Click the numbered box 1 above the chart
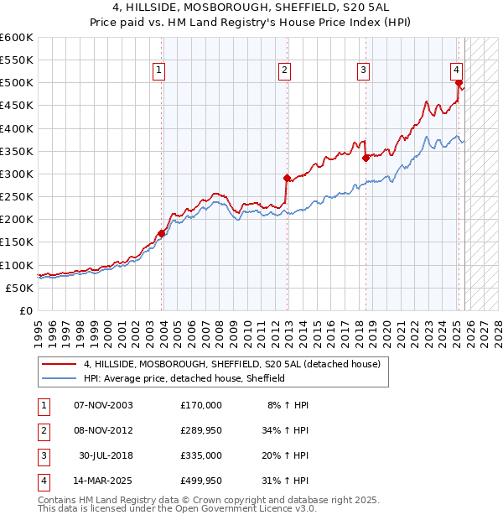[x=159, y=70]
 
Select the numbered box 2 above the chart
[x=285, y=70]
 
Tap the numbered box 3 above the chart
[x=364, y=70]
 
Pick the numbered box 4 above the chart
[x=456, y=70]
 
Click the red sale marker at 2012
[x=286, y=178]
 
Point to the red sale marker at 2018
[x=366, y=158]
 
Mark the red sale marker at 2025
[x=459, y=82]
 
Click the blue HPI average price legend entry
[x=184, y=378]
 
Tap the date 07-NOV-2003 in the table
[x=103, y=404]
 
